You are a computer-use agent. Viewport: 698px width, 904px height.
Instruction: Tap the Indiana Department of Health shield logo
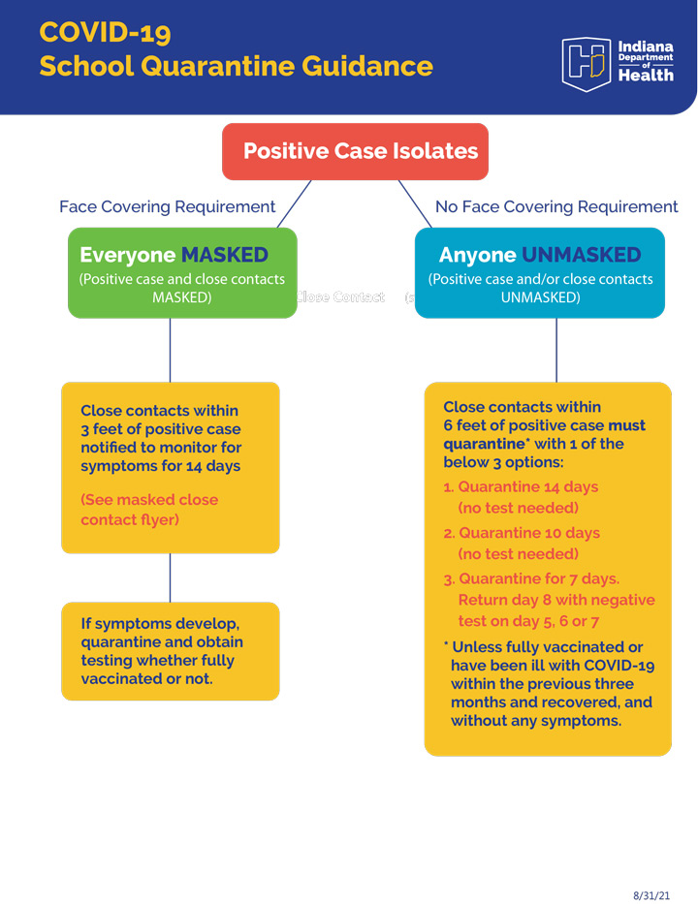(x=586, y=63)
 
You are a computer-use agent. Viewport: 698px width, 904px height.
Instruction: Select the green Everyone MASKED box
(x=182, y=272)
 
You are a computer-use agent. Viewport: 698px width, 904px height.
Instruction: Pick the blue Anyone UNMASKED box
(x=540, y=272)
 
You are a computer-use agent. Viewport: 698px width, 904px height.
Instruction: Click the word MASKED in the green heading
(x=225, y=255)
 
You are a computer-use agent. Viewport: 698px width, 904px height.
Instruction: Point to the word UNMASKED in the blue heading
(x=582, y=255)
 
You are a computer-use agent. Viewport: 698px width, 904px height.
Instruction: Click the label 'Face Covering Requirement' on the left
(x=167, y=206)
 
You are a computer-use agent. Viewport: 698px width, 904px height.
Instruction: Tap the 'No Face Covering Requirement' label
(x=556, y=206)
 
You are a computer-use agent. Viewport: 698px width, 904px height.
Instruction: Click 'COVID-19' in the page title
(x=105, y=32)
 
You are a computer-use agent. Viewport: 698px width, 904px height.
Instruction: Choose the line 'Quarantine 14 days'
(x=527, y=486)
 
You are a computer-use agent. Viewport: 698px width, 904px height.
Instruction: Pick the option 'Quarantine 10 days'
(x=528, y=533)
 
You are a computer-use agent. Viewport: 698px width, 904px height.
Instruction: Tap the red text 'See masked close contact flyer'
(x=149, y=510)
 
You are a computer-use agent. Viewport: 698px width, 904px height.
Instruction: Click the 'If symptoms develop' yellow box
(x=170, y=650)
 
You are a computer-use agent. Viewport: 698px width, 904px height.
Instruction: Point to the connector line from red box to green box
(x=295, y=203)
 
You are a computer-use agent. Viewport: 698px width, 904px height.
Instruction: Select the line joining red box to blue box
(x=415, y=203)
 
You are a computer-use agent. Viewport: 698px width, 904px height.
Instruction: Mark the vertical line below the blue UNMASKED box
(x=556, y=350)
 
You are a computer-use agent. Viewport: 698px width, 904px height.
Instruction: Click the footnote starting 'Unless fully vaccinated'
(x=548, y=684)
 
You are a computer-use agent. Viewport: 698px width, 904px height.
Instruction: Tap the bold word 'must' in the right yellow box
(x=626, y=425)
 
